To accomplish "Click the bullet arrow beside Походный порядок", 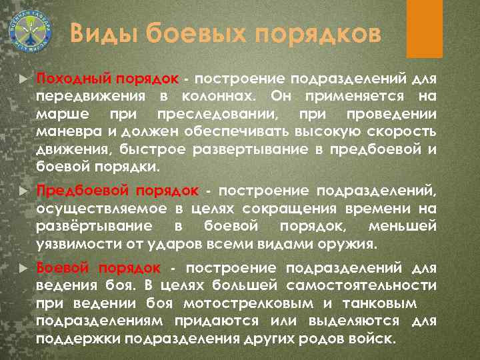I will tap(24, 79).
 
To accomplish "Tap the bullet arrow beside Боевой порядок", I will tap(24, 268).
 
